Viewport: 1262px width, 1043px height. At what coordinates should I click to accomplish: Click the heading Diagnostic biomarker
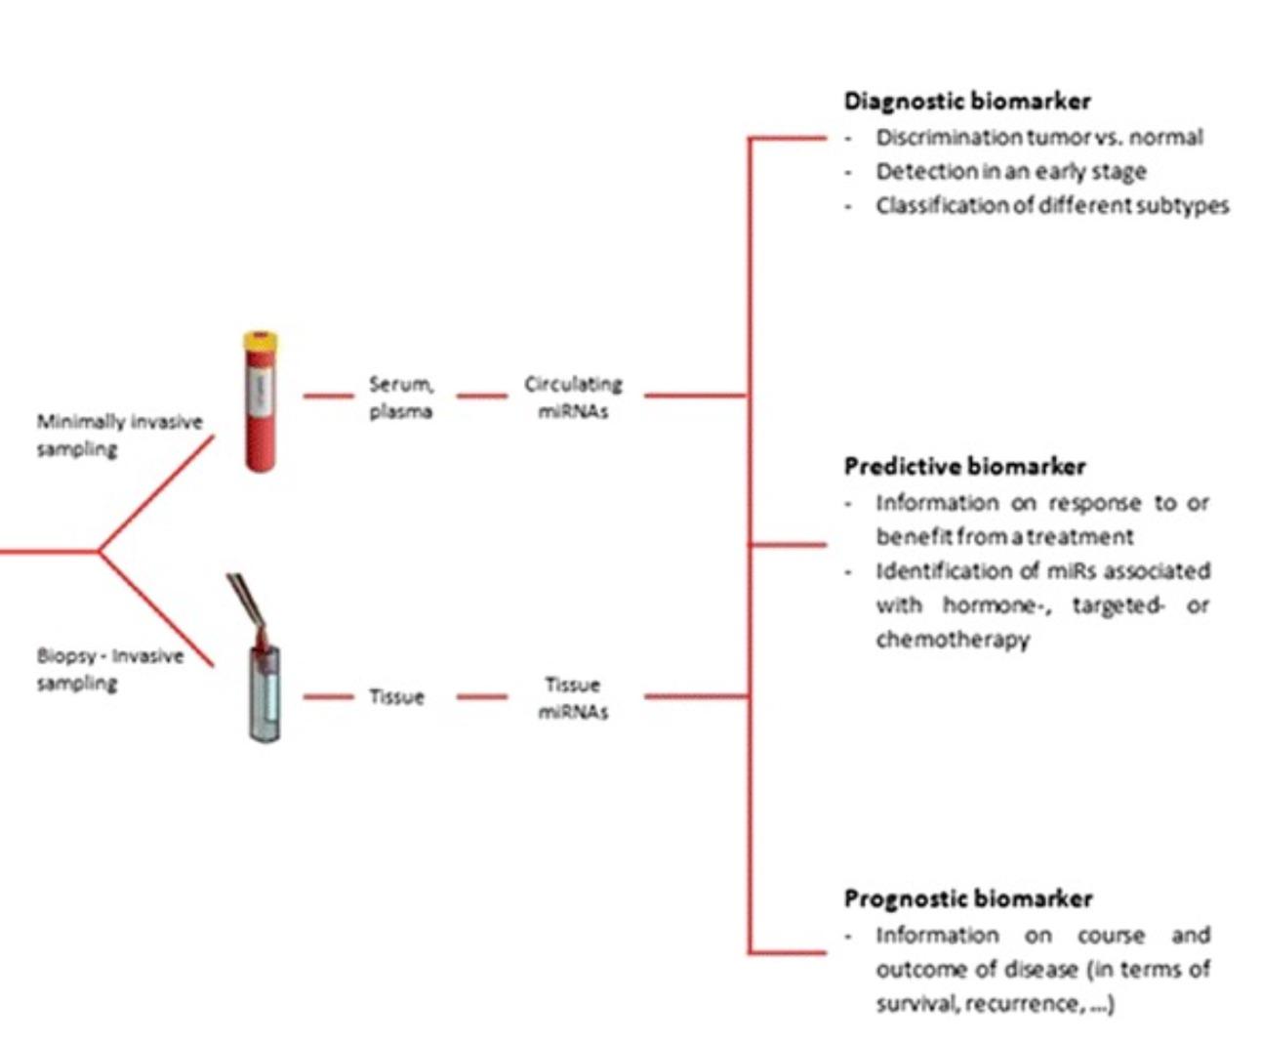point(966,101)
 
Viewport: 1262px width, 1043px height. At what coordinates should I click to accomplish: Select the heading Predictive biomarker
point(964,466)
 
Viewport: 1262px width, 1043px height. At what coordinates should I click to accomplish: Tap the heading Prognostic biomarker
point(967,897)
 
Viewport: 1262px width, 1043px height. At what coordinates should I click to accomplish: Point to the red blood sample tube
point(260,410)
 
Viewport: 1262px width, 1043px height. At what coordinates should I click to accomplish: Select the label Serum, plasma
point(400,397)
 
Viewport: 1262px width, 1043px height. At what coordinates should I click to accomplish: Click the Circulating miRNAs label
point(573,397)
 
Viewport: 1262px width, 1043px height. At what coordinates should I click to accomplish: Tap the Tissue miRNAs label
point(573,697)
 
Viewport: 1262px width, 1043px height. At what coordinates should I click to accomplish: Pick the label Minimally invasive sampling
point(119,435)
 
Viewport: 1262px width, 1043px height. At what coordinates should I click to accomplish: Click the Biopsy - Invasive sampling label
point(109,669)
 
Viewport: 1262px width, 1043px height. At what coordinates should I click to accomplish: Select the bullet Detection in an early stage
point(1010,172)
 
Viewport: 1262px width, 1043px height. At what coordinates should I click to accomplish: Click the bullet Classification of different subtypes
point(1051,206)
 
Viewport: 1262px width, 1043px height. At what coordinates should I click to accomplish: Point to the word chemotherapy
point(952,640)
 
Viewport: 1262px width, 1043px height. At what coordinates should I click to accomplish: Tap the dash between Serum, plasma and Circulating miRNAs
point(482,396)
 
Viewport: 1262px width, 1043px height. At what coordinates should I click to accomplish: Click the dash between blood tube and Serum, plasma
point(328,396)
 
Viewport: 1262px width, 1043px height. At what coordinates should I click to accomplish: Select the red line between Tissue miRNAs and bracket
point(695,696)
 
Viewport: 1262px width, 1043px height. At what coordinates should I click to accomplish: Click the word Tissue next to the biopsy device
point(396,696)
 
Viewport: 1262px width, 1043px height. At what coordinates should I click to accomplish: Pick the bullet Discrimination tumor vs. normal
point(1038,138)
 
